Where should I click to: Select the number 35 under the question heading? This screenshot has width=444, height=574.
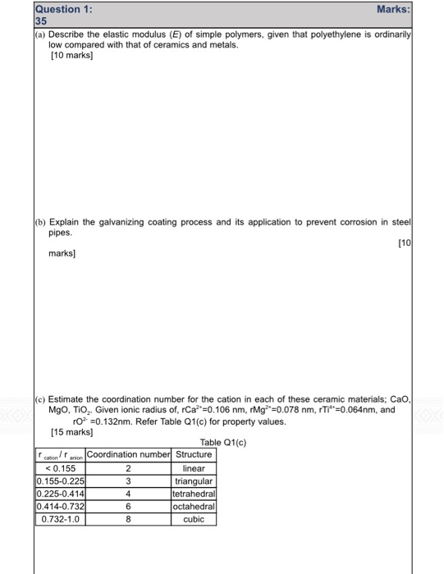[x=42, y=21]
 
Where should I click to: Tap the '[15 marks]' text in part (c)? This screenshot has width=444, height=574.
[x=71, y=430]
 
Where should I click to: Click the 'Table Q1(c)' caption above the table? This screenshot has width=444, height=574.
[x=222, y=443]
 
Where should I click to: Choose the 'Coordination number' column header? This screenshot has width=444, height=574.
[x=128, y=454]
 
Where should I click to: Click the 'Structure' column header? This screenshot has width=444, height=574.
[x=194, y=454]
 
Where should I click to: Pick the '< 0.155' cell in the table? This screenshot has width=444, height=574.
[x=60, y=468]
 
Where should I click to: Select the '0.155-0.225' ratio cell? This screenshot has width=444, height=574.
[x=60, y=481]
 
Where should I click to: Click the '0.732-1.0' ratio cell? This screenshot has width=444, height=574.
[x=60, y=519]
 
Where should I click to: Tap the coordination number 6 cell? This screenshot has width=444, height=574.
[x=128, y=507]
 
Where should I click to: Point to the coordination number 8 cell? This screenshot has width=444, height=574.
[x=128, y=519]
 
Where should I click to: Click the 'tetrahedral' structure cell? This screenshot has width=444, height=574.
[x=194, y=494]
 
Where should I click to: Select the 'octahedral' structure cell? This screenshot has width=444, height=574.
[x=194, y=507]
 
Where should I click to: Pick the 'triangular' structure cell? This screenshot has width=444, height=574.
[x=194, y=481]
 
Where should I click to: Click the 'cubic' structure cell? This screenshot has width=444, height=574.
[x=194, y=519]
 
